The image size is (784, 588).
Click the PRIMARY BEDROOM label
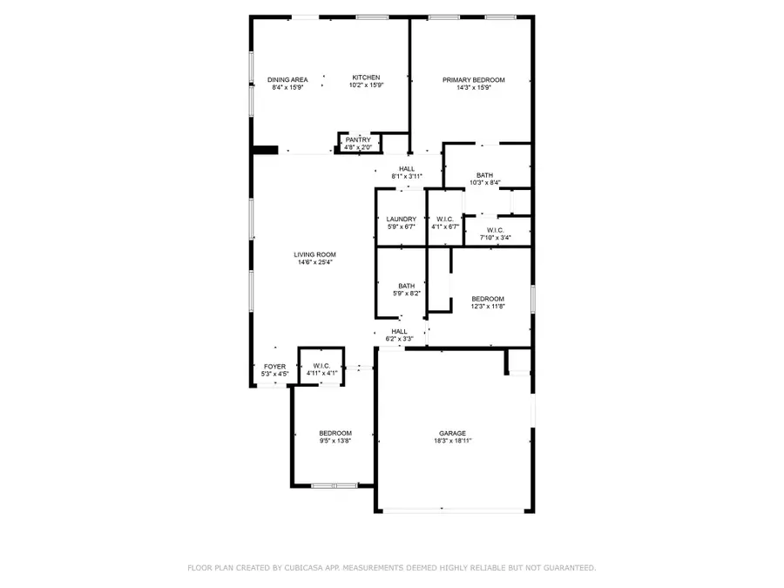pyautogui.click(x=473, y=80)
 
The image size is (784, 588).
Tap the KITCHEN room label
pyautogui.click(x=366, y=78)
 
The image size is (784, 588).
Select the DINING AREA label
pyautogui.click(x=287, y=80)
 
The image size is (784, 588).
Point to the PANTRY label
pyautogui.click(x=358, y=139)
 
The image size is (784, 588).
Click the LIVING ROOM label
pyautogui.click(x=314, y=254)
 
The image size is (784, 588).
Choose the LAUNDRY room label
pyautogui.click(x=402, y=220)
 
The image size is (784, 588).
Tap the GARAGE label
pyautogui.click(x=452, y=433)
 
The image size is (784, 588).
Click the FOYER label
pyautogui.click(x=274, y=367)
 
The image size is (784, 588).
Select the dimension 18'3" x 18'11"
pyautogui.click(x=452, y=441)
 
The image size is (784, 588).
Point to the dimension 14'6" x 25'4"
pyautogui.click(x=314, y=262)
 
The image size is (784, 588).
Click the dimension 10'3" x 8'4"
pyautogui.click(x=484, y=183)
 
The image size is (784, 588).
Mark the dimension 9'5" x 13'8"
pyautogui.click(x=335, y=441)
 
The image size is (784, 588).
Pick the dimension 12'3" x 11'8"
pyautogui.click(x=487, y=307)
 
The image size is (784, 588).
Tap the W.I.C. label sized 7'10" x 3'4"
pyautogui.click(x=495, y=230)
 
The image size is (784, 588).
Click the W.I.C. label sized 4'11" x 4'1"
pyautogui.click(x=322, y=367)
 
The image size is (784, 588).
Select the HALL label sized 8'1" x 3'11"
pyautogui.click(x=407, y=169)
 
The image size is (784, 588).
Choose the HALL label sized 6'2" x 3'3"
pyautogui.click(x=399, y=331)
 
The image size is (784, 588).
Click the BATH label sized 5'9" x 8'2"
pyautogui.click(x=407, y=286)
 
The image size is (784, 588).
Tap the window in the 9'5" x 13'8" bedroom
pyautogui.click(x=335, y=485)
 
